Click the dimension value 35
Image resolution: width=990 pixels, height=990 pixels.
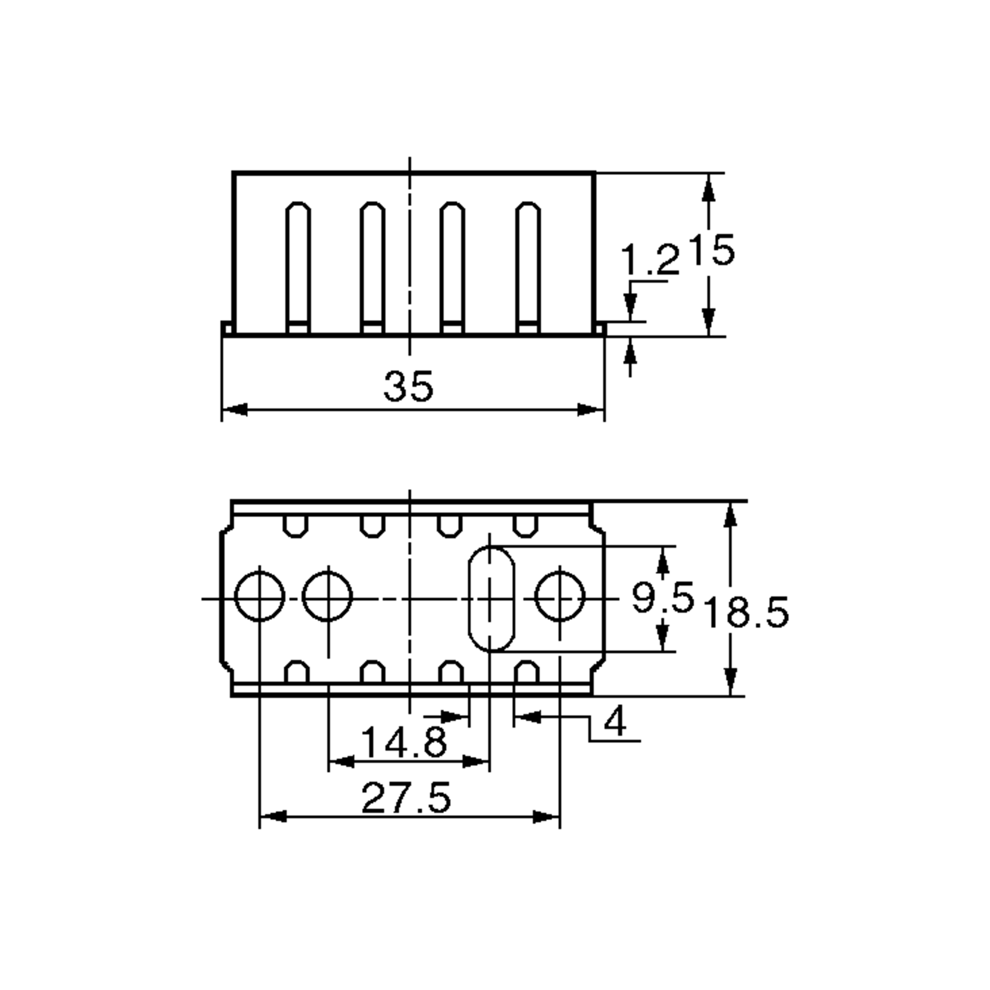pyautogui.click(x=408, y=387)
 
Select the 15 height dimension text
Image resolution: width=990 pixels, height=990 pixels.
pyautogui.click(x=711, y=250)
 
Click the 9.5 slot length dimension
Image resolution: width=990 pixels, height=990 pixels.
pyautogui.click(x=662, y=597)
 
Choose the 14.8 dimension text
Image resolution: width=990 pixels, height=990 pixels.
pyautogui.click(x=404, y=742)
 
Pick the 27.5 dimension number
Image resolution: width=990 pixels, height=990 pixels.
pyautogui.click(x=406, y=798)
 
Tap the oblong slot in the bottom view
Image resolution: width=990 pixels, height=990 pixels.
pyautogui.click(x=491, y=599)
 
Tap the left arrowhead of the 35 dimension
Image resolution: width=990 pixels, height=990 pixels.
pyautogui.click(x=235, y=410)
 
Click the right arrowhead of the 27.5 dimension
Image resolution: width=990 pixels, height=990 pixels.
pyautogui.click(x=546, y=817)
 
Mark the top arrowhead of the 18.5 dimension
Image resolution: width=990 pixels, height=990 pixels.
pyautogui.click(x=731, y=514)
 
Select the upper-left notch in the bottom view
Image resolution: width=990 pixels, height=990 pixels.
pyautogui.click(x=296, y=526)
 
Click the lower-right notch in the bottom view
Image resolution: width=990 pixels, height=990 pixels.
pyautogui.click(x=527, y=672)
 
